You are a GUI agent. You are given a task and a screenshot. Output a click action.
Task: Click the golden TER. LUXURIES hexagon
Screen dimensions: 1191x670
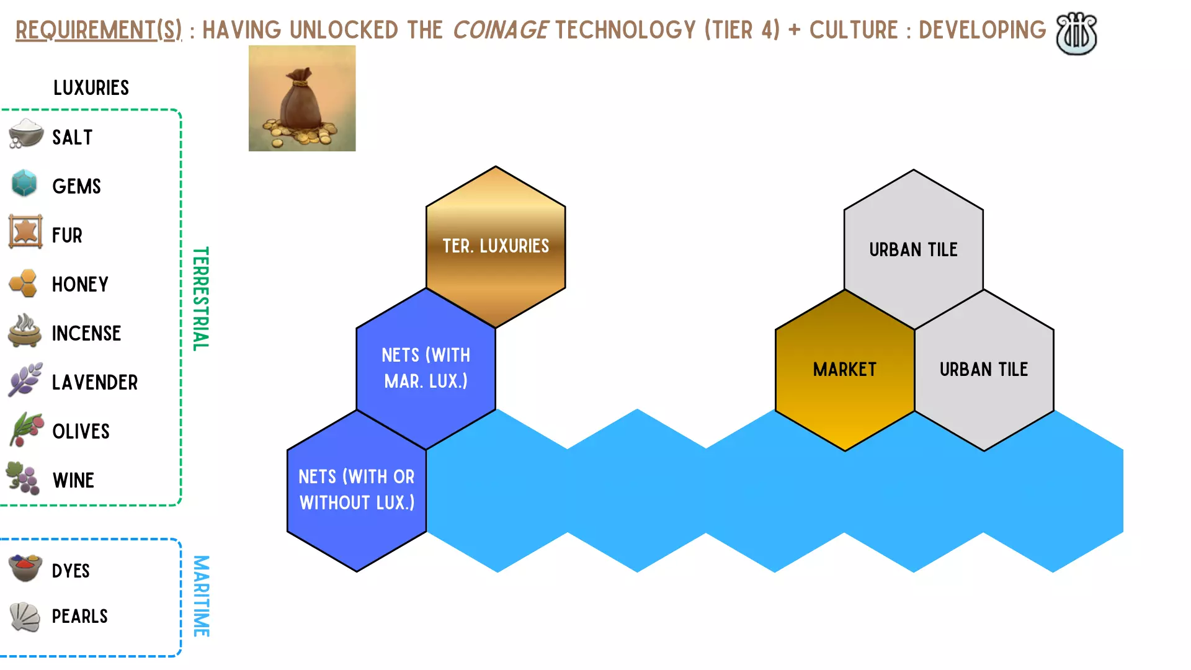[496, 246]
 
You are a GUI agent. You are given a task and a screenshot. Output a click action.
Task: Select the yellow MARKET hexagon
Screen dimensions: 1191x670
[845, 370]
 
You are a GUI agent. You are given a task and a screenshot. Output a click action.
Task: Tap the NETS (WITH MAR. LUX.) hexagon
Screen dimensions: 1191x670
[426, 368]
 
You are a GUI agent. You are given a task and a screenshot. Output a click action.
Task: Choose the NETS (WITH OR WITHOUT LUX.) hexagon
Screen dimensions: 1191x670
[357, 491]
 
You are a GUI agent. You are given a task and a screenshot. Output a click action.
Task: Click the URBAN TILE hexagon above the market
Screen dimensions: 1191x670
[914, 249]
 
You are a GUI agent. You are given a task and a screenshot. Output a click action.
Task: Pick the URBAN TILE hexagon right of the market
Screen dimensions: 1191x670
[984, 370]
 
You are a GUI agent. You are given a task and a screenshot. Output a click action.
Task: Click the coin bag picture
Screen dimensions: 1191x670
[302, 98]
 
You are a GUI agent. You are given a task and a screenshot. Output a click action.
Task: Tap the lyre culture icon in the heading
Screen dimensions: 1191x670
[1076, 33]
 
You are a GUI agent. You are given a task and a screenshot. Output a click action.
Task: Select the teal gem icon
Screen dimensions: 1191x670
[25, 183]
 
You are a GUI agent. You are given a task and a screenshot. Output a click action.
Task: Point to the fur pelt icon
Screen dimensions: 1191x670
[25, 232]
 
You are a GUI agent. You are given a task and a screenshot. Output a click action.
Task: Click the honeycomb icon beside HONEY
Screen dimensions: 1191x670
[24, 283]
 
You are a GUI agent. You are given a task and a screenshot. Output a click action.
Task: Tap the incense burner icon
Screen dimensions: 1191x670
[25, 330]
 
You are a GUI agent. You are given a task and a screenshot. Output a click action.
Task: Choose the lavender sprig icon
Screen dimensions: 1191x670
[25, 380]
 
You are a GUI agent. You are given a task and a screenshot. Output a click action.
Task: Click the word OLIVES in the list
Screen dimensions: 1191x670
[81, 431]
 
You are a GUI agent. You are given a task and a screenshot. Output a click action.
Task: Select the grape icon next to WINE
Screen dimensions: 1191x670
[23, 478]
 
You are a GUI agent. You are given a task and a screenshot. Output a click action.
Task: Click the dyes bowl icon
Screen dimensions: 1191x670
[25, 568]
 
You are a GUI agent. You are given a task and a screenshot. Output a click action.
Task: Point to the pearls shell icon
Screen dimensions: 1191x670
[25, 617]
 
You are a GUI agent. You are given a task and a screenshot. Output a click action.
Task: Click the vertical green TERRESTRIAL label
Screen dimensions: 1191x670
[200, 299]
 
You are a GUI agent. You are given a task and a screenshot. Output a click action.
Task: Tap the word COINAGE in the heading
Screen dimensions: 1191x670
[501, 30]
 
